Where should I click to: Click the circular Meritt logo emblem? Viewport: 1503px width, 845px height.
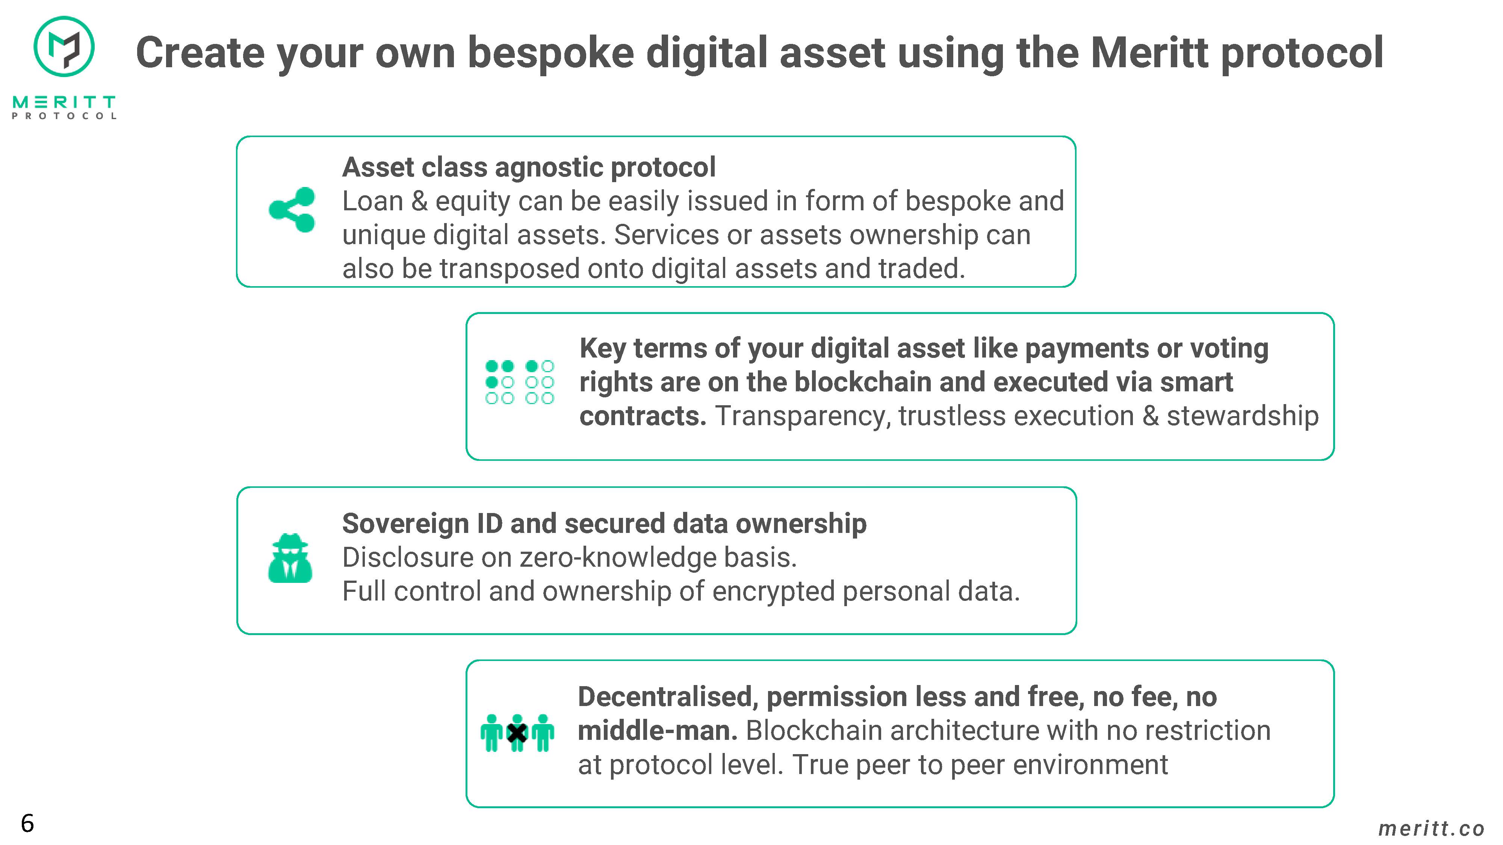click(x=64, y=47)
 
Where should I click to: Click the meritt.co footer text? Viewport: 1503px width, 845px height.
click(x=1431, y=828)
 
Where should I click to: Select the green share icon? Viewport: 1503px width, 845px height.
click(x=292, y=210)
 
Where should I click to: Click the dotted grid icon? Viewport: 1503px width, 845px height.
click(x=519, y=382)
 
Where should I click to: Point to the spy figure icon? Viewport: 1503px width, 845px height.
click(x=290, y=558)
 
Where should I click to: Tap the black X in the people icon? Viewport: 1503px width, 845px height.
click(x=517, y=733)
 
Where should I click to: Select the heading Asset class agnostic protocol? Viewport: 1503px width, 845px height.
click(x=529, y=167)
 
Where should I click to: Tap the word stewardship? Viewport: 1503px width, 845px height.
click(x=1242, y=416)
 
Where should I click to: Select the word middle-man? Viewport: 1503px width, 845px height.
click(x=658, y=731)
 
